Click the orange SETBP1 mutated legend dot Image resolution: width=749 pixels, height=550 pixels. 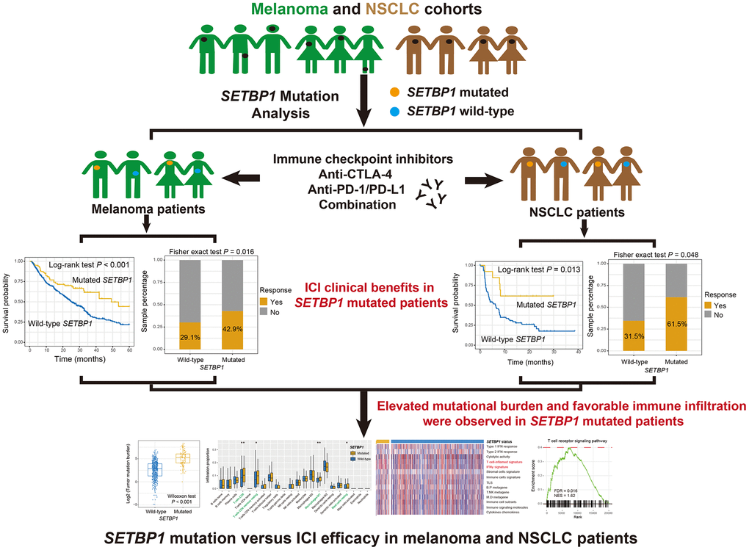coord(396,93)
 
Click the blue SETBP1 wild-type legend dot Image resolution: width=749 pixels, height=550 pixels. coord(396,112)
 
